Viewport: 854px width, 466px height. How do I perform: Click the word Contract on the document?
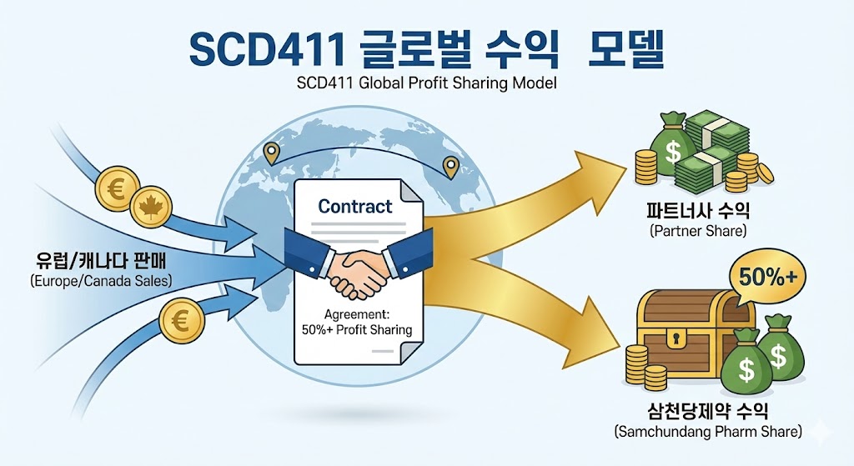click(354, 206)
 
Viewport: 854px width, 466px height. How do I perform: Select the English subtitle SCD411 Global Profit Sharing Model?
click(426, 83)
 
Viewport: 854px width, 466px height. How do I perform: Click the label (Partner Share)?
click(697, 230)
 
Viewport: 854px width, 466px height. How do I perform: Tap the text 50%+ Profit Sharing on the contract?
click(357, 330)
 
